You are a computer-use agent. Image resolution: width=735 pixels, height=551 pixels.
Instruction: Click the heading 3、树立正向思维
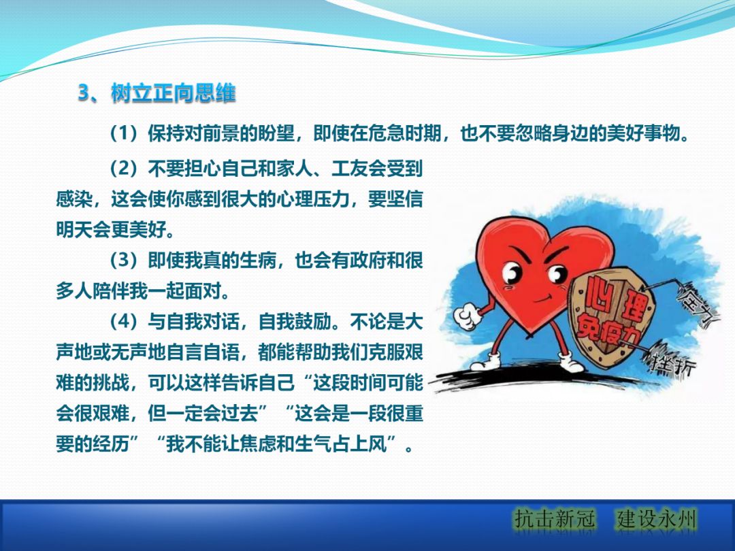pos(157,93)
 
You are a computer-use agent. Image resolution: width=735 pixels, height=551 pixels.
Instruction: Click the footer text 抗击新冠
pos(555,519)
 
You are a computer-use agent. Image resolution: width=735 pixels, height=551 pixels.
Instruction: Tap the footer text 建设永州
pos(657,519)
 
